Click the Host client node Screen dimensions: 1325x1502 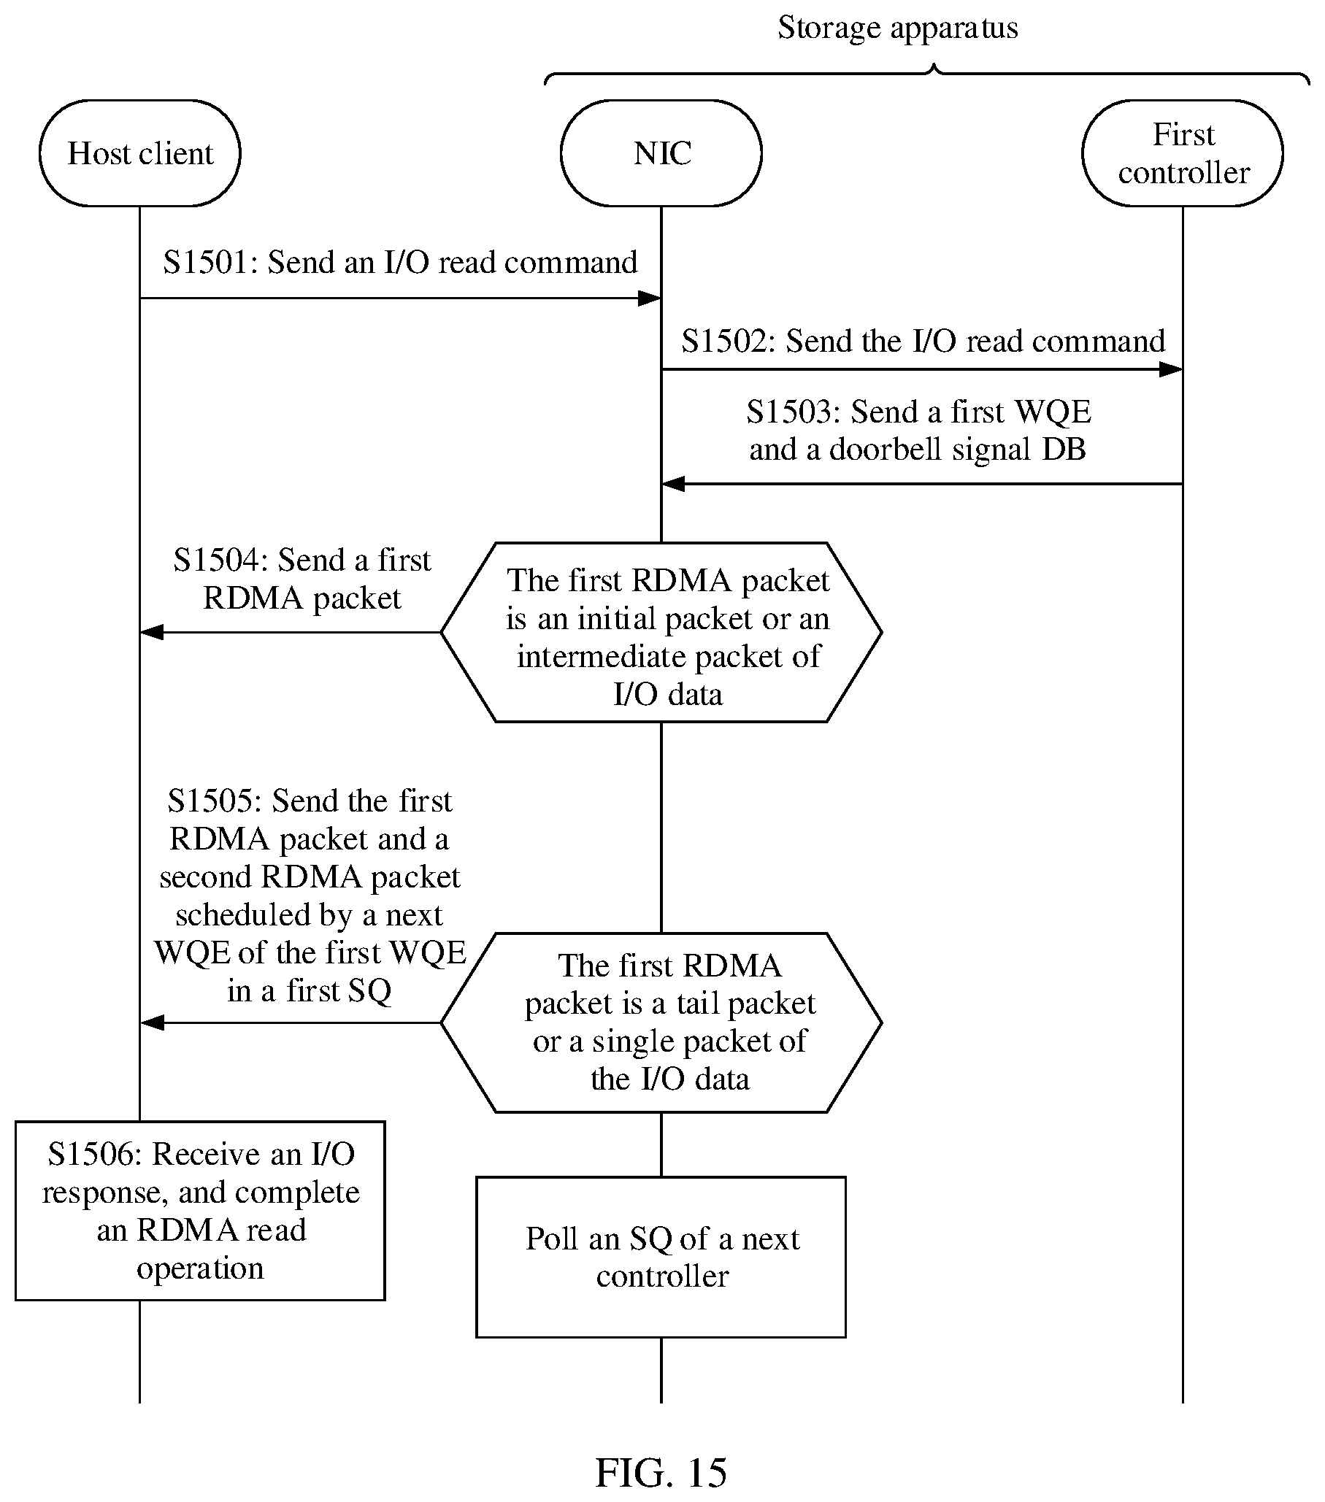click(139, 153)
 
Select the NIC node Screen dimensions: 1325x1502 click(661, 153)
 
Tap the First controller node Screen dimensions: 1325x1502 click(1183, 153)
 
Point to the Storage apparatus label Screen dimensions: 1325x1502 click(897, 28)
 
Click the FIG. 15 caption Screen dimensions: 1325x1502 click(661, 1472)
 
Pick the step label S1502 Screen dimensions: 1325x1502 click(726, 341)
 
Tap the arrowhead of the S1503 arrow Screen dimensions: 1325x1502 click(673, 485)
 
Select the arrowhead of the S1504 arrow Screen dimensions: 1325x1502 click(151, 632)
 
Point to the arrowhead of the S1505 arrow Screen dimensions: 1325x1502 click(151, 1022)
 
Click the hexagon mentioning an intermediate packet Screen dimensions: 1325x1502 click(661, 632)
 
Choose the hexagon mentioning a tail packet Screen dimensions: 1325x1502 click(661, 1022)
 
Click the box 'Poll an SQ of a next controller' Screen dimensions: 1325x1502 click(661, 1258)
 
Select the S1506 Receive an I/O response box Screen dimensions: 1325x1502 click(201, 1211)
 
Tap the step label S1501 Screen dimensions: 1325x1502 click(207, 262)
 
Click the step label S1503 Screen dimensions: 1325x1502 click(790, 412)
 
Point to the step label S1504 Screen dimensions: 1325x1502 click(217, 560)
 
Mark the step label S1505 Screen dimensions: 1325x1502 click(212, 801)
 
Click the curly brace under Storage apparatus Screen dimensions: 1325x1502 click(927, 74)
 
